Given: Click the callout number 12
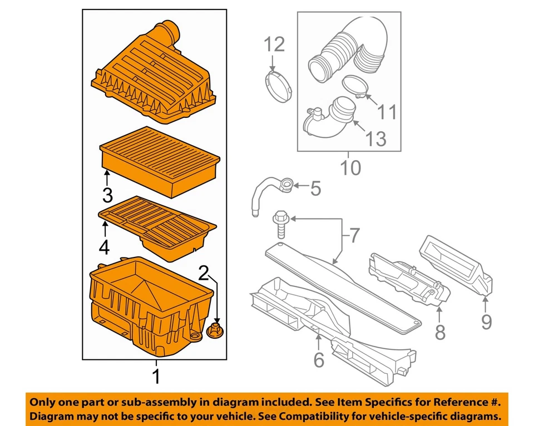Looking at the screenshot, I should tap(274, 44).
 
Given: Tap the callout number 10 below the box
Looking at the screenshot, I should tap(350, 166).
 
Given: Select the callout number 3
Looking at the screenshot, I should tap(107, 195).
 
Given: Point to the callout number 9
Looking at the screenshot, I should tap(487, 321).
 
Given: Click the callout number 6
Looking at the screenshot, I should tap(318, 360).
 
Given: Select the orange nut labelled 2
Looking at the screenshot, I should tap(214, 330).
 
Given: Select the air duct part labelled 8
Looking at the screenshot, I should tap(406, 278).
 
